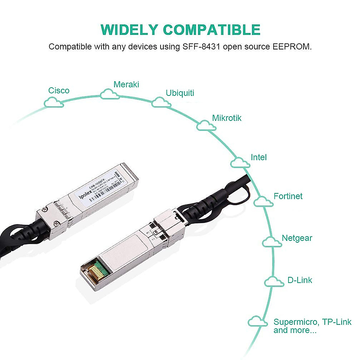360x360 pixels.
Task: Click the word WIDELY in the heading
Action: click(129, 30)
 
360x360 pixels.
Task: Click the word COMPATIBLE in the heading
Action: click(211, 30)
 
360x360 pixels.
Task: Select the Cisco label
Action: click(59, 91)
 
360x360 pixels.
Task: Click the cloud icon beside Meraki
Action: click(109, 94)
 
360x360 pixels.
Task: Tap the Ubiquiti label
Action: click(180, 93)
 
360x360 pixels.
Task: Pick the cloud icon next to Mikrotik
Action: click(206, 125)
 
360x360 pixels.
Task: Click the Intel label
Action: click(259, 157)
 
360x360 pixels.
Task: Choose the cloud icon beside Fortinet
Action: click(263, 201)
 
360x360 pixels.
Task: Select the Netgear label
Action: click(297, 238)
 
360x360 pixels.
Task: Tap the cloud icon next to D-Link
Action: click(274, 282)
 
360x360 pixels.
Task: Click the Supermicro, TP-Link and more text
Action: click(312, 326)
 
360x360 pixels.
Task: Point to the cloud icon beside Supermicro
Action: click(258, 322)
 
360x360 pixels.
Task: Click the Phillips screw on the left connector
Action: click(57, 223)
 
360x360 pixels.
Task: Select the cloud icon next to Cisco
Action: click(54, 103)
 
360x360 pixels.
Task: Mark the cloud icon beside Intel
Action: click(240, 163)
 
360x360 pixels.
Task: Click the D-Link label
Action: click(300, 280)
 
